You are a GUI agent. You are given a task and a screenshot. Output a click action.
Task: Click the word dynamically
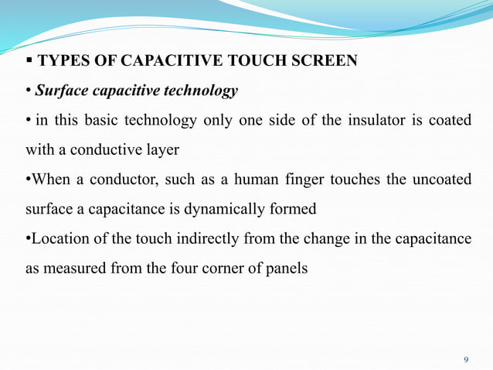coord(220,208)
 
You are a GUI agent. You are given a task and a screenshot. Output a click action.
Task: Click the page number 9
coord(465,360)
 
